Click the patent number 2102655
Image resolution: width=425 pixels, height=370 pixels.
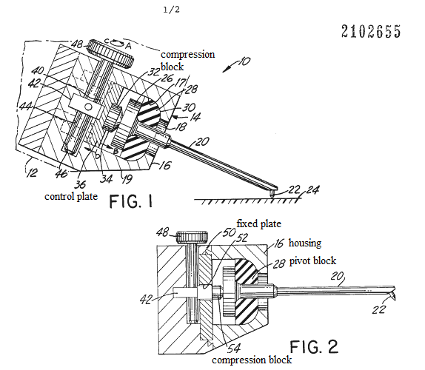(371, 31)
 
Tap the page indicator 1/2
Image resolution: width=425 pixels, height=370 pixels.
(171, 10)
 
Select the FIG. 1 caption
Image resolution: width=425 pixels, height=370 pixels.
(131, 201)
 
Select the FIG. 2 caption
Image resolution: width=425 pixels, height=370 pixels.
(314, 347)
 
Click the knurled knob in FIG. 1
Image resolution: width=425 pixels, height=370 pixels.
(110, 53)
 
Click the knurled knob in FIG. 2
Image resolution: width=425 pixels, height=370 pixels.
(193, 238)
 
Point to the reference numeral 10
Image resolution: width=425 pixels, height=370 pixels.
(244, 61)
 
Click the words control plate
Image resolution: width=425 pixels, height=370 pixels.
(71, 196)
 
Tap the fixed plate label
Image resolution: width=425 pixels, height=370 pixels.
(259, 223)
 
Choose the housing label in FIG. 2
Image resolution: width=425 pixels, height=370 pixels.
(305, 243)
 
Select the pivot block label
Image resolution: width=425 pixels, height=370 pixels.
(312, 260)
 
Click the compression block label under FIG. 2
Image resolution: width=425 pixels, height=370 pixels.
(252, 360)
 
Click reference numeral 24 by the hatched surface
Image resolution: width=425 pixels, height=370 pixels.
(312, 190)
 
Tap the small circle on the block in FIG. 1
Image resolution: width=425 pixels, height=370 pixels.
(87, 107)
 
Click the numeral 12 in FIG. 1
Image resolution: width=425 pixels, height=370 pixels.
(31, 172)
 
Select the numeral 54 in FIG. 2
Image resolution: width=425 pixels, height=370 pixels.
(234, 349)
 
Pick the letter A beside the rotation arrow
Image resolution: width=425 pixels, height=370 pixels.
(129, 47)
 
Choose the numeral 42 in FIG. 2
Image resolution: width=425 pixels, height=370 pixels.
(146, 300)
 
